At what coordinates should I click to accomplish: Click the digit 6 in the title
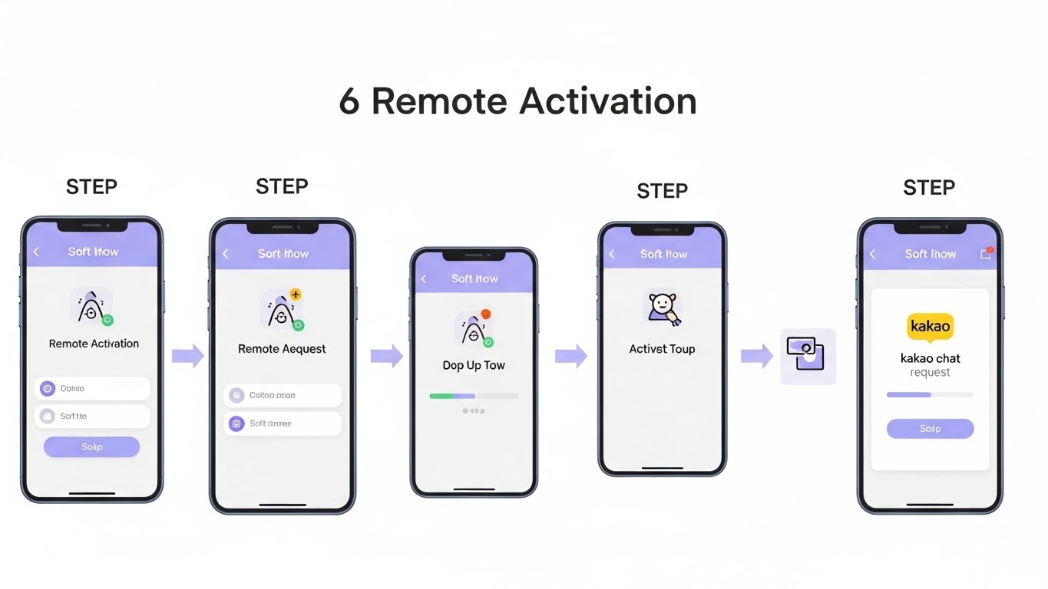pyautogui.click(x=349, y=102)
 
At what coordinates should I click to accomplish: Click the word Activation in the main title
pyautogui.click(x=607, y=102)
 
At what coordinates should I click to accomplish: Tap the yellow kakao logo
pyautogui.click(x=930, y=326)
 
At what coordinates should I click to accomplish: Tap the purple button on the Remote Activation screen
pyautogui.click(x=91, y=446)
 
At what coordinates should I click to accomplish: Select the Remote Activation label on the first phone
pyautogui.click(x=94, y=344)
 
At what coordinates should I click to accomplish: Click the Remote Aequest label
pyautogui.click(x=282, y=349)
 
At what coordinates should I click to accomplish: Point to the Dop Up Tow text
pyautogui.click(x=474, y=365)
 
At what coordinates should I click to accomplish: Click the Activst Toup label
pyautogui.click(x=662, y=349)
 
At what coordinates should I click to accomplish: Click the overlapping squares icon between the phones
pyautogui.click(x=807, y=355)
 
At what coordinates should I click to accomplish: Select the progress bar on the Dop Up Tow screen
pyautogui.click(x=474, y=396)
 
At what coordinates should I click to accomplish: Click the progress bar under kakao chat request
pyautogui.click(x=930, y=395)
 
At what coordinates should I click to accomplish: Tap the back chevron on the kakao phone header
pyautogui.click(x=872, y=254)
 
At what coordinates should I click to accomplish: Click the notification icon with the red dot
pyautogui.click(x=986, y=254)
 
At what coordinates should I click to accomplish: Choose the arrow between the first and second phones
pyautogui.click(x=187, y=355)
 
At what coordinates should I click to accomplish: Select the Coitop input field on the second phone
pyautogui.click(x=283, y=396)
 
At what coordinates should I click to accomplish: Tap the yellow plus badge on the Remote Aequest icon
pyautogui.click(x=296, y=295)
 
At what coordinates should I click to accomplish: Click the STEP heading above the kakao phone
pyautogui.click(x=929, y=188)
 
